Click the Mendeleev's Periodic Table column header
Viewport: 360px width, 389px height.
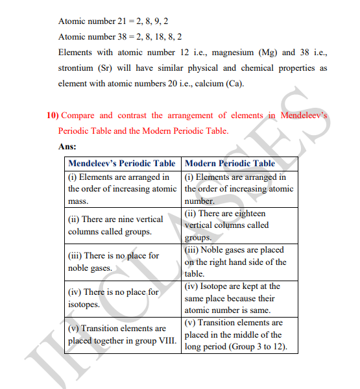[122, 163]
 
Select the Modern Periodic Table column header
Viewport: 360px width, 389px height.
[230, 163]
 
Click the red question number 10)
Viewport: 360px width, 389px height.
[52, 115]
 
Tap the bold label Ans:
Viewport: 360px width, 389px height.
[67, 147]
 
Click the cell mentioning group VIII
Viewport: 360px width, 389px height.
[122, 334]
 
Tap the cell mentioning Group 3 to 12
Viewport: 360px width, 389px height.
[237, 334]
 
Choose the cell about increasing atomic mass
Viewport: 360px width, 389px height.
[122, 189]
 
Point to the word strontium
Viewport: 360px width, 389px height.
[75, 68]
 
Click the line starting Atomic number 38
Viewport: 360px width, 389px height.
[120, 37]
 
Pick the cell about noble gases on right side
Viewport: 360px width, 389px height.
[237, 262]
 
